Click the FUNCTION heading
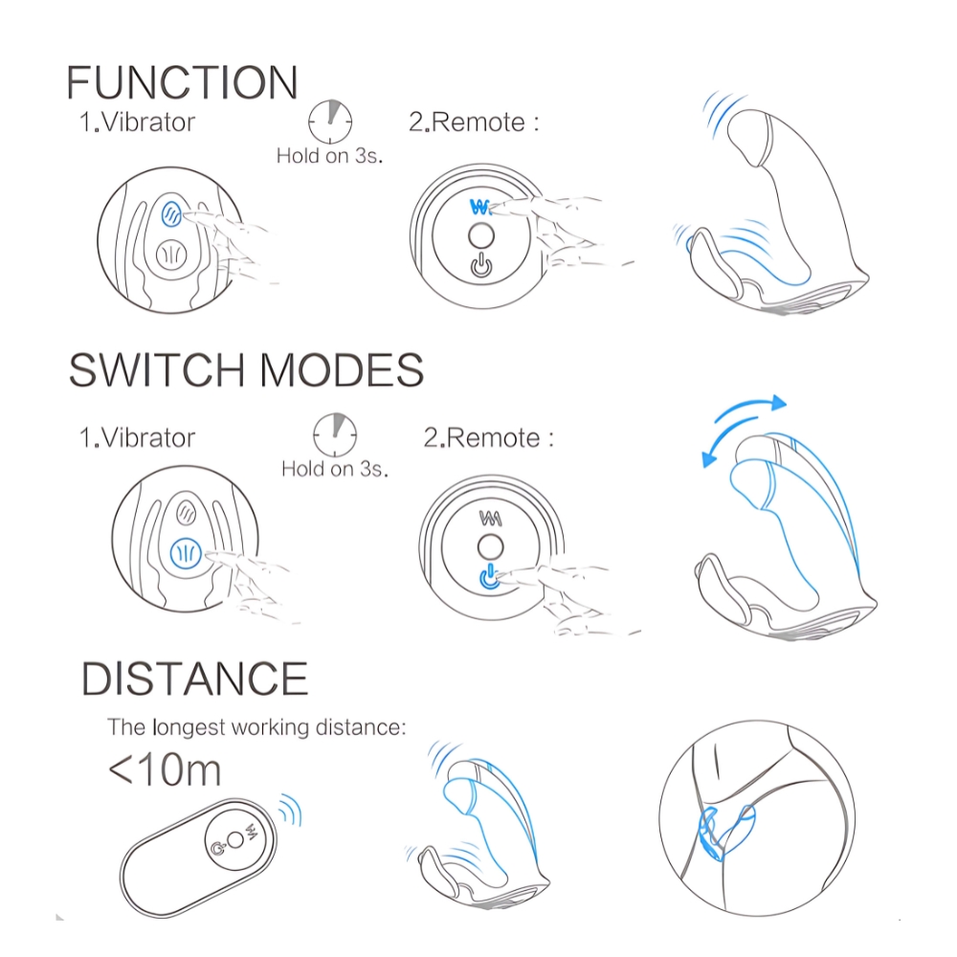click(182, 82)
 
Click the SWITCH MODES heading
click(246, 369)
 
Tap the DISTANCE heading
click(194, 679)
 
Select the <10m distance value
click(165, 770)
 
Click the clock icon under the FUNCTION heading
click(330, 122)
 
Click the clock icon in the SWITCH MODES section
click(335, 435)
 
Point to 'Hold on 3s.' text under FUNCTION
click(329, 156)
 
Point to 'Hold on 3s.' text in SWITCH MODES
click(334, 469)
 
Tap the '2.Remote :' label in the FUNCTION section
click(474, 122)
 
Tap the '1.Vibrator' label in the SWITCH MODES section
click(137, 437)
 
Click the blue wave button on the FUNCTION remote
click(480, 208)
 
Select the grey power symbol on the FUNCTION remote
click(481, 265)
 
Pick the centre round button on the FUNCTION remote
click(481, 236)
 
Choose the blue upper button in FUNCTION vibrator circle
click(171, 213)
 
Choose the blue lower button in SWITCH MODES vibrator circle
click(187, 554)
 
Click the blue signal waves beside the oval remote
click(291, 810)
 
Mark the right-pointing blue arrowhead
click(778, 403)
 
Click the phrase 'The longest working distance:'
click(256, 727)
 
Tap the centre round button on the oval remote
click(235, 840)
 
